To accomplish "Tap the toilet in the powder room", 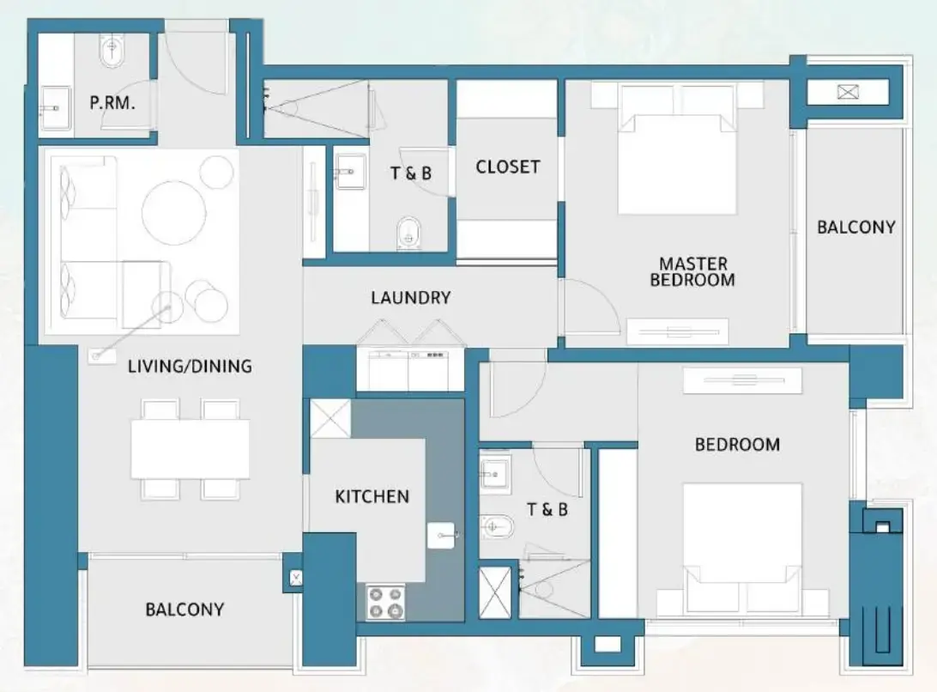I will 112,54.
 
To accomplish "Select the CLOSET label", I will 508,167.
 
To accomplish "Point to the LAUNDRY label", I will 410,298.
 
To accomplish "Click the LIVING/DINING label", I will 190,367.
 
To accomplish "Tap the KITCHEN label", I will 372,496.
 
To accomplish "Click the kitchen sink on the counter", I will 442,536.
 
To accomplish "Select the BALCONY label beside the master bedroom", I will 855,228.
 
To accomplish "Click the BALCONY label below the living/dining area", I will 184,610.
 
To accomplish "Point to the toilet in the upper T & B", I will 410,232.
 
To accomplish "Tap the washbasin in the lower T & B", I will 493,473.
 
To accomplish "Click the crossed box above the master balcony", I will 849,92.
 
